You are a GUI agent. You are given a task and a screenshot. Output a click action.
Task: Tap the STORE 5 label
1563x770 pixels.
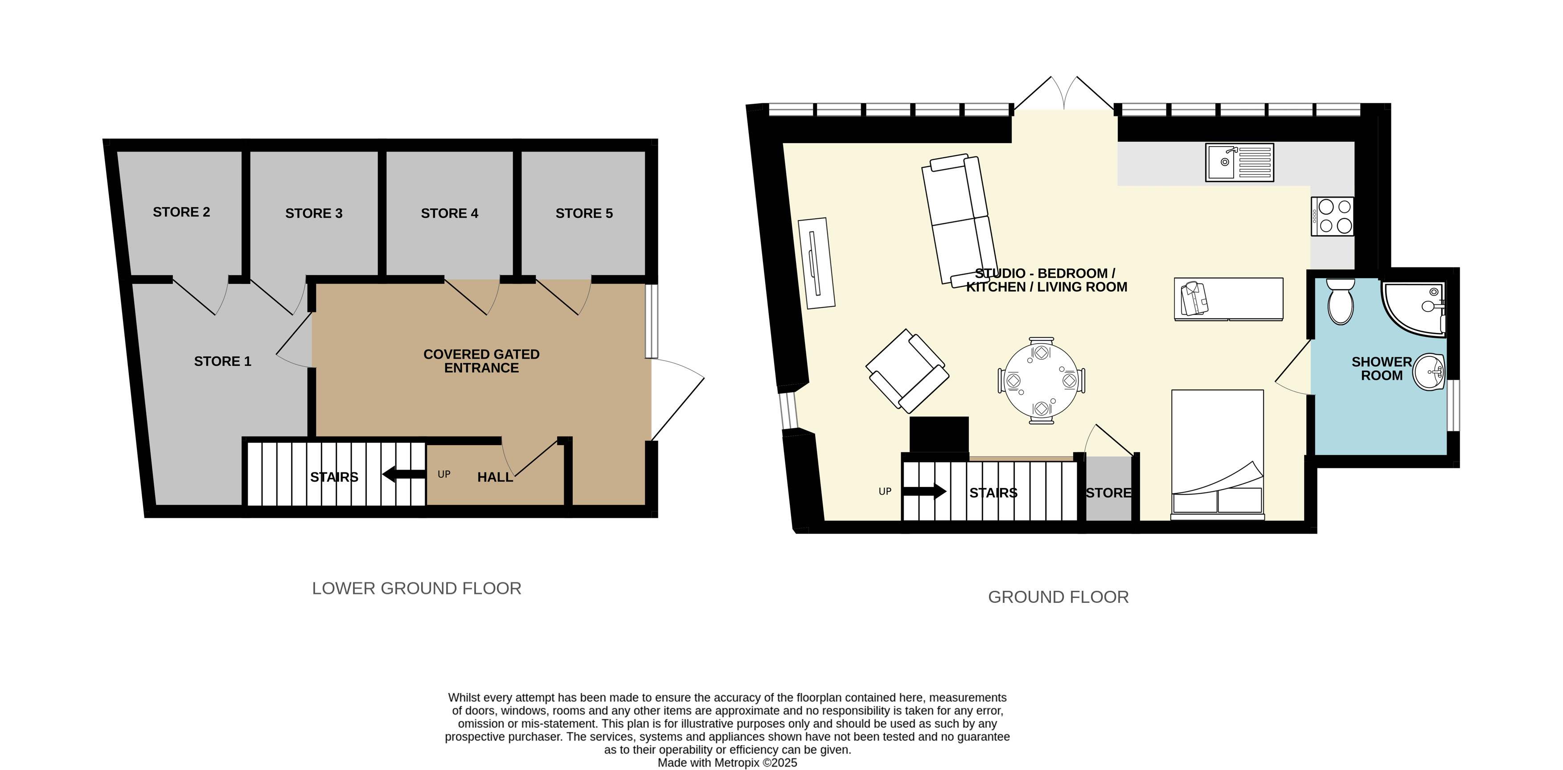pyautogui.click(x=584, y=213)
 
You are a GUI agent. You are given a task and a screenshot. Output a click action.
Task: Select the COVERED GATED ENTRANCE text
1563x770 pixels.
pyautogui.click(x=482, y=361)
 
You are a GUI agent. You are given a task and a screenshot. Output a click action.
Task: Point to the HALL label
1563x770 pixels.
pyautogui.click(x=495, y=478)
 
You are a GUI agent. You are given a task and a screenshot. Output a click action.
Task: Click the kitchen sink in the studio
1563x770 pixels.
pyautogui.click(x=1239, y=162)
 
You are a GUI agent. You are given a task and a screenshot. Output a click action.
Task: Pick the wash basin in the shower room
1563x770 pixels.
pyautogui.click(x=1429, y=371)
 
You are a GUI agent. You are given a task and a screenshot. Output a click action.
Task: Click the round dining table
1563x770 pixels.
pyautogui.click(x=1041, y=381)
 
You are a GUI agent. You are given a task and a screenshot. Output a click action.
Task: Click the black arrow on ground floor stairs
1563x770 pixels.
pyautogui.click(x=924, y=491)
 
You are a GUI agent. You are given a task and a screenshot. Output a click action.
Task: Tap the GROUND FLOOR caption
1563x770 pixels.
pyautogui.click(x=1058, y=597)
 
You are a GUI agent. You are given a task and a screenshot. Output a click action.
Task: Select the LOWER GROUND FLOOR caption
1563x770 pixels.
pyautogui.click(x=416, y=589)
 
